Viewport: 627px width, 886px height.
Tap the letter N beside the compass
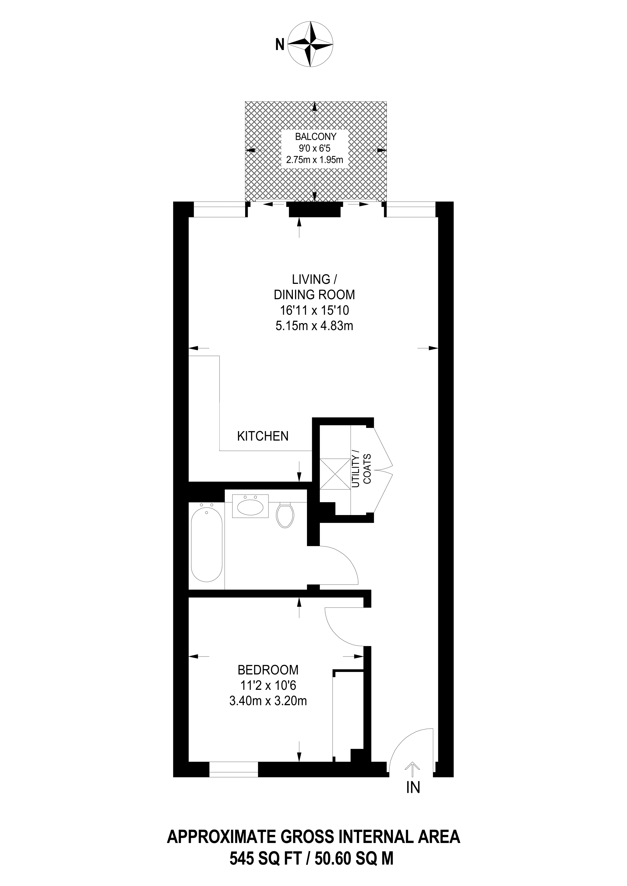pyautogui.click(x=280, y=45)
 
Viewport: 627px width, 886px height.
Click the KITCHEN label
pyautogui.click(x=263, y=436)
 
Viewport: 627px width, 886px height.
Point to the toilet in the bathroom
pyautogui.click(x=286, y=515)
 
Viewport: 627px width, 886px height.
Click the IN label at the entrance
pyautogui.click(x=413, y=787)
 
